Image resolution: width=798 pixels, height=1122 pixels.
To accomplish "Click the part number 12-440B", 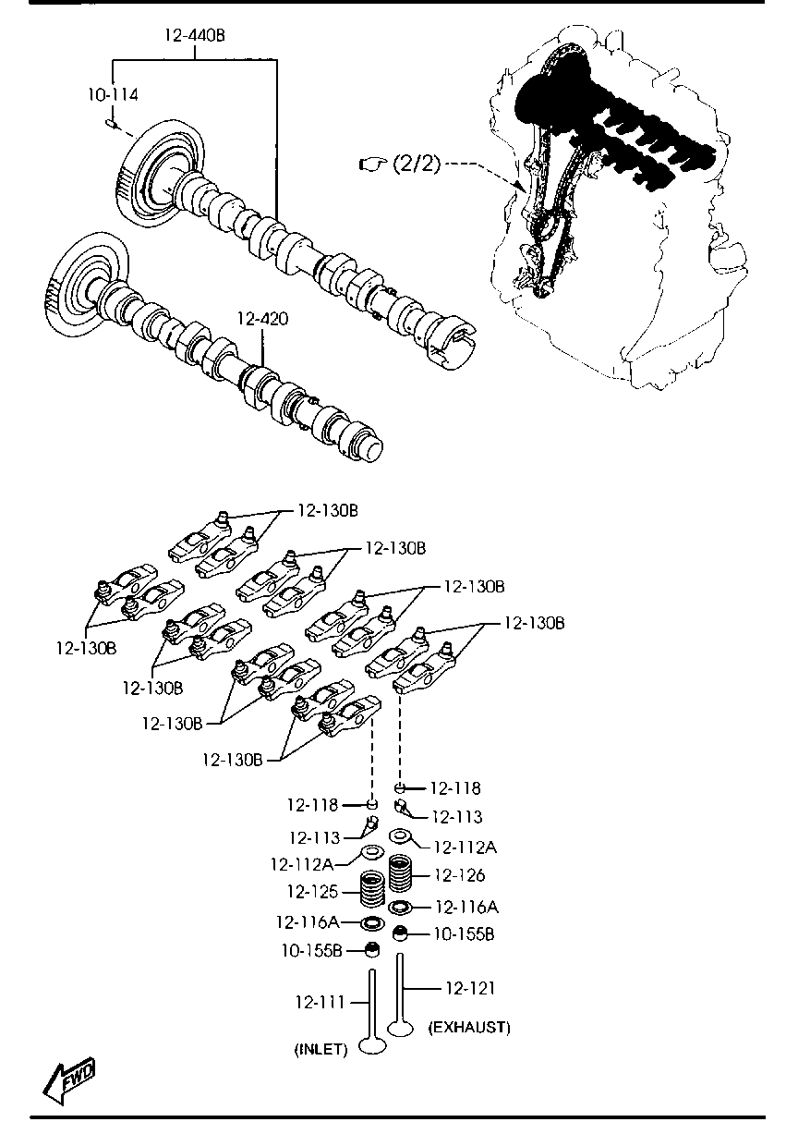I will pos(195,36).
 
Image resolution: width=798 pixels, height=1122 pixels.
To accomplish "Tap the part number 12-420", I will pos(262,320).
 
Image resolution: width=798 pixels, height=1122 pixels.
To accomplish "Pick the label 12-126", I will pos(458,875).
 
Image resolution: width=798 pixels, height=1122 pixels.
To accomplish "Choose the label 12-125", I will pos(308,892).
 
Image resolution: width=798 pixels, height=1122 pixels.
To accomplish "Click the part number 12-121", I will pos(470,988).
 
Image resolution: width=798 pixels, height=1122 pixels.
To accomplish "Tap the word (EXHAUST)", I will pos(469,1027).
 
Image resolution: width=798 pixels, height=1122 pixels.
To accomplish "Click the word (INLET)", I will pos(320,1049).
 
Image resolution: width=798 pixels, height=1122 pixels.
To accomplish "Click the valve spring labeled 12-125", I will pos(371,891).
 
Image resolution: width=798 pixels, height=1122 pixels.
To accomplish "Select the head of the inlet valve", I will pos(372,1046).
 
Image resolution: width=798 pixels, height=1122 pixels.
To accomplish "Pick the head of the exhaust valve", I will pos(401,1026).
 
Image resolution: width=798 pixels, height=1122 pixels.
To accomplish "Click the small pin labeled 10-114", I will pos(110,122).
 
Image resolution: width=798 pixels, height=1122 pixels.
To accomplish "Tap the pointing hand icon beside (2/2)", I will pos(372,165).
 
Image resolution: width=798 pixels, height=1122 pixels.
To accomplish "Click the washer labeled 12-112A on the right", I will pos(401,837).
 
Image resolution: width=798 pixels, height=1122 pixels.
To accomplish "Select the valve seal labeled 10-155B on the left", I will pos(372,949).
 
